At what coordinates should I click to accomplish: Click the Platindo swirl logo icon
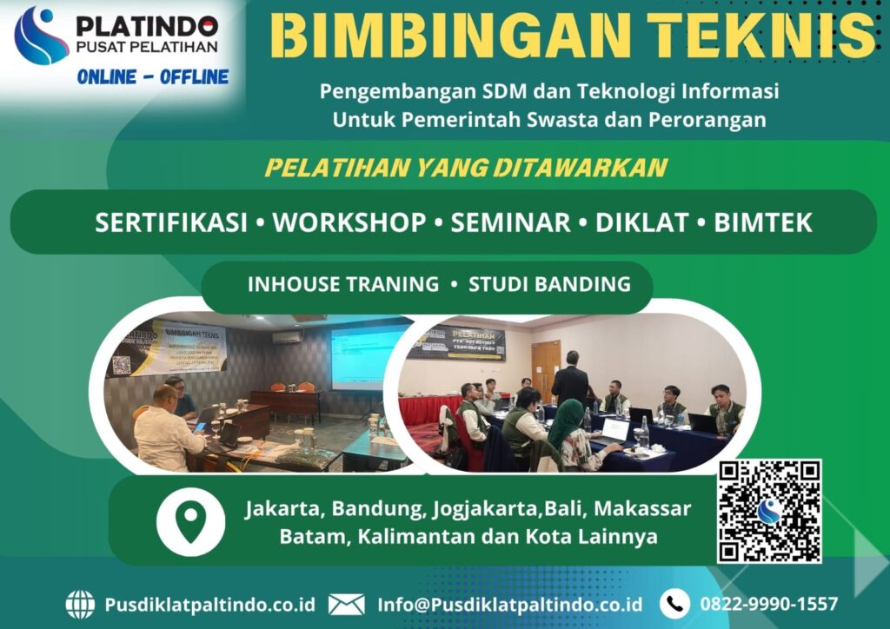tap(42, 36)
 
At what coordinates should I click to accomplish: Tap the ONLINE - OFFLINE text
tap(152, 77)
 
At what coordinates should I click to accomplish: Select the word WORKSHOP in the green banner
tap(349, 222)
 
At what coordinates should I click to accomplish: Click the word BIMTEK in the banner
tap(763, 222)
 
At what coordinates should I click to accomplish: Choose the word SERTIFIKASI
tap(171, 222)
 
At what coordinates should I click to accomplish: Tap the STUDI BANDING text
tap(549, 284)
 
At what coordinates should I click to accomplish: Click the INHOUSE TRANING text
tap(343, 284)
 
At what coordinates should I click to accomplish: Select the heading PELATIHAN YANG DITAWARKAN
tap(466, 168)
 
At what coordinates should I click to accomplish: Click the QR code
tap(769, 511)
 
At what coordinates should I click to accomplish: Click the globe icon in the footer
tap(80, 604)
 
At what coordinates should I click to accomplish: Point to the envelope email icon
tap(346, 604)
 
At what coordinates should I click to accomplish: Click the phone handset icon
tap(674, 604)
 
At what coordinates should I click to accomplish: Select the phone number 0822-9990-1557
tap(768, 604)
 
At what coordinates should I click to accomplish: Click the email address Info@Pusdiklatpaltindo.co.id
tap(509, 604)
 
